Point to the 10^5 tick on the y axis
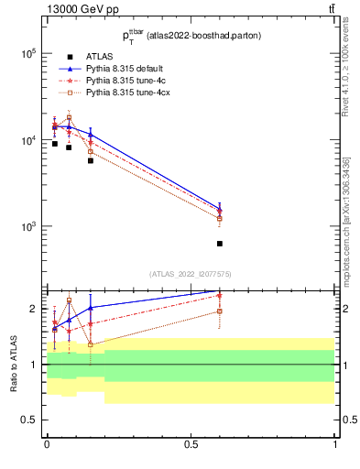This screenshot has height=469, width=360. pos(27,53)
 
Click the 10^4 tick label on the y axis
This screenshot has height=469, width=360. pos(27,140)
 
